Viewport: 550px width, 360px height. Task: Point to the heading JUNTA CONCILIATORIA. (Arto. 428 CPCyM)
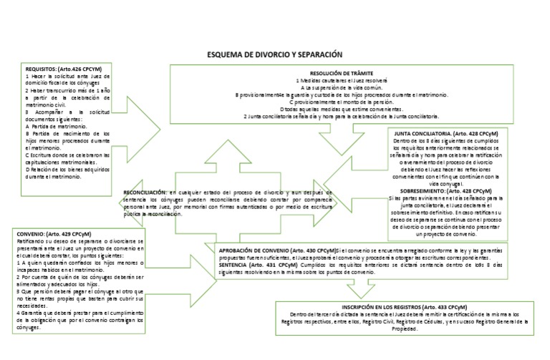(453, 134)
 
